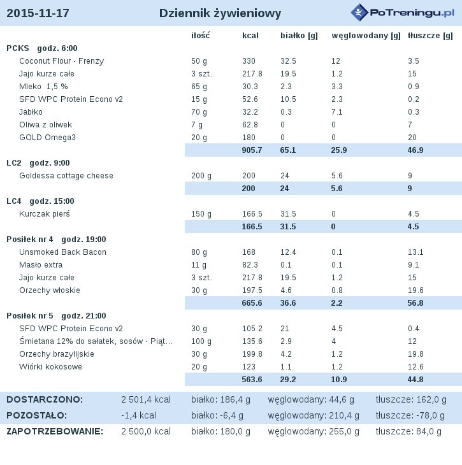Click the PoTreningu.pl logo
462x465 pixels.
(x=402, y=13)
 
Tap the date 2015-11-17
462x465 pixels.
(x=38, y=13)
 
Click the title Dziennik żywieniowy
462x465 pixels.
(x=220, y=13)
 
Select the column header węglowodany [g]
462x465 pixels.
(x=366, y=36)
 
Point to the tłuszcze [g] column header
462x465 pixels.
(x=430, y=36)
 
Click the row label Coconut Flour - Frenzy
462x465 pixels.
(x=61, y=61)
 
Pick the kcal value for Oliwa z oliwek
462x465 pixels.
(x=250, y=125)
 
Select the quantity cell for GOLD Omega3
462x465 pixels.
(x=199, y=138)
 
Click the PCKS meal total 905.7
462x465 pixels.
(x=252, y=150)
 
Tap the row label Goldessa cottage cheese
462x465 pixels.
(x=66, y=176)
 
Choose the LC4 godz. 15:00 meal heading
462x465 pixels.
(x=40, y=201)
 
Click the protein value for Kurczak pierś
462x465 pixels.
(x=288, y=214)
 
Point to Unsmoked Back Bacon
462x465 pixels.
(x=62, y=252)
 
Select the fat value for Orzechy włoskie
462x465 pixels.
(x=415, y=290)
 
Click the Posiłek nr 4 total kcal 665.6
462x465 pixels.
(x=252, y=303)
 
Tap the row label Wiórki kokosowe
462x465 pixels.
(x=50, y=367)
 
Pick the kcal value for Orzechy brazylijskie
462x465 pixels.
(x=252, y=354)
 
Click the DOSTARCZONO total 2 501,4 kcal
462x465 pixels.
(x=146, y=400)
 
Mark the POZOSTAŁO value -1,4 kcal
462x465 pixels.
(x=138, y=415)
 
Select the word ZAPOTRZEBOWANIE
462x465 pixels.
(x=55, y=431)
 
